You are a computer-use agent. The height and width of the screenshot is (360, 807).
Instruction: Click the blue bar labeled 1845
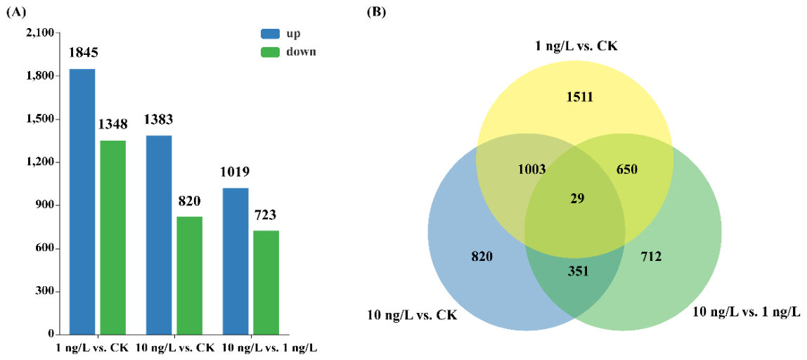click(82, 202)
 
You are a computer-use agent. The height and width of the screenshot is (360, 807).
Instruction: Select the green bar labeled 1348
click(112, 238)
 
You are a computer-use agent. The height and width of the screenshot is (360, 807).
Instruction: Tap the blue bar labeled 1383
click(159, 236)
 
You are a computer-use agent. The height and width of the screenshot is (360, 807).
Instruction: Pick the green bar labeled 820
click(189, 276)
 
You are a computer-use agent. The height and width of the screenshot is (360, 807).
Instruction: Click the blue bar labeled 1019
click(235, 262)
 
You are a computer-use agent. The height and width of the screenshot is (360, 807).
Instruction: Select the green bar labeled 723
click(266, 283)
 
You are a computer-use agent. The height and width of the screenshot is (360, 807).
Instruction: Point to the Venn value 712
click(651, 256)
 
